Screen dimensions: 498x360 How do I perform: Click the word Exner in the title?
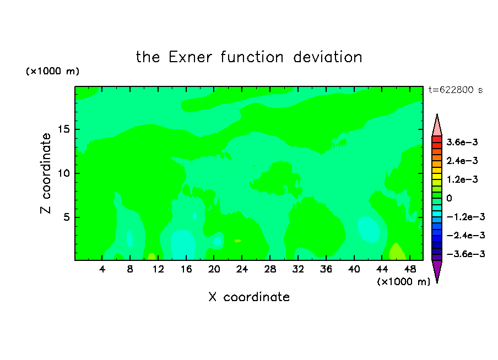pyautogui.click(x=190, y=57)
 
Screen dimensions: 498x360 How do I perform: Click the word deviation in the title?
pyautogui.click(x=327, y=57)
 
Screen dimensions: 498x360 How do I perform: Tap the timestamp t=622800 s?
pyautogui.click(x=456, y=90)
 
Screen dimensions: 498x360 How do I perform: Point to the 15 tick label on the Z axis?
pyautogui.click(x=63, y=129)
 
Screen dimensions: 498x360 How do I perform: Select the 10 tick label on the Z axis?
pyautogui.click(x=63, y=173)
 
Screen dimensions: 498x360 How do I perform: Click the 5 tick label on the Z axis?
pyautogui.click(x=66, y=217)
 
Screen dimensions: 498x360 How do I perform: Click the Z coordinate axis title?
pyautogui.click(x=46, y=173)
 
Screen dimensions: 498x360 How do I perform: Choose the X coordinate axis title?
pyautogui.click(x=249, y=297)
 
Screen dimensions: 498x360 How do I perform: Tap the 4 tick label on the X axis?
pyautogui.click(x=102, y=269)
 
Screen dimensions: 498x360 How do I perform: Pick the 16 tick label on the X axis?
pyautogui.click(x=186, y=269)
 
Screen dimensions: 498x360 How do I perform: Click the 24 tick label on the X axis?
pyautogui.click(x=242, y=269)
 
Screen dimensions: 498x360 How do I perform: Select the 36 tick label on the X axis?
pyautogui.click(x=326, y=269)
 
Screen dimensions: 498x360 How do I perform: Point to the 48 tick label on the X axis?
pyautogui.click(x=410, y=269)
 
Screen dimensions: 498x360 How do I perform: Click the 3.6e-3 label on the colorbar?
pyautogui.click(x=462, y=142)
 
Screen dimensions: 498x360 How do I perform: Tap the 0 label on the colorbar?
pyautogui.click(x=449, y=198)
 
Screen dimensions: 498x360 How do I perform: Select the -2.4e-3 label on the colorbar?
pyautogui.click(x=465, y=235)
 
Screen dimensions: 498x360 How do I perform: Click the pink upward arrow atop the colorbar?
pyautogui.click(x=437, y=125)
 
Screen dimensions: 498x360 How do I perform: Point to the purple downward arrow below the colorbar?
pyautogui.click(x=437, y=271)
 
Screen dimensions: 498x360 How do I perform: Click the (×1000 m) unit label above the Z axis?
pyautogui.click(x=52, y=71)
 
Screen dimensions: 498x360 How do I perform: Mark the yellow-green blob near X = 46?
pyautogui.click(x=397, y=253)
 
